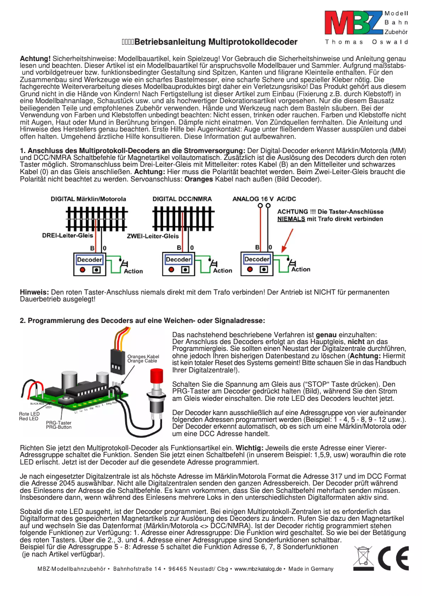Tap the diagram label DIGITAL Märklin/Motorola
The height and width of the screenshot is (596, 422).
[x=88, y=199]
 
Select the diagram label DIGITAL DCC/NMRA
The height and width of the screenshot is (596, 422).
[x=182, y=199]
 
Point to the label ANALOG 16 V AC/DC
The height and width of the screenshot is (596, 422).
[x=264, y=199]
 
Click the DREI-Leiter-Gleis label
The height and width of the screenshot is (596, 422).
[x=67, y=236]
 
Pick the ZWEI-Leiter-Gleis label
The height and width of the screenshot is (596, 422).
[x=153, y=236]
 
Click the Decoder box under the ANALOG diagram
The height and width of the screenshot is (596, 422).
[x=257, y=259]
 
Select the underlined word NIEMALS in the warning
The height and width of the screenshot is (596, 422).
[x=291, y=219]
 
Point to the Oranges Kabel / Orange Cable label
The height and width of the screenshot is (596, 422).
[x=143, y=359]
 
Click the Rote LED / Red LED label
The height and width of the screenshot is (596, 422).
[x=29, y=417]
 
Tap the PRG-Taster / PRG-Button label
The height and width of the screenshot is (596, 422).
[x=58, y=425]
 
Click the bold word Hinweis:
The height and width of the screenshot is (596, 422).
[x=34, y=292]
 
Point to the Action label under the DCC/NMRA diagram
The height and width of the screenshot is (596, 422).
[x=222, y=271]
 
